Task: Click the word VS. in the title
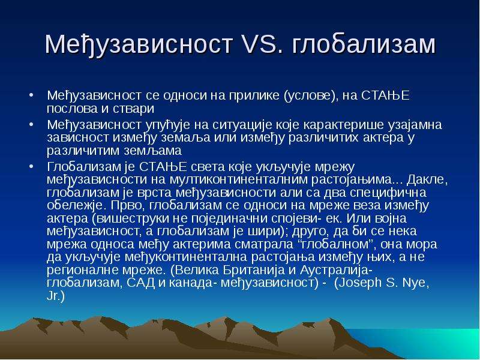point(259,44)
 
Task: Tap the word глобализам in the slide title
point(364,44)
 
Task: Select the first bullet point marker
point(31,95)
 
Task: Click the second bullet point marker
point(31,125)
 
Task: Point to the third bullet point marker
point(31,167)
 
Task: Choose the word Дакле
point(427,179)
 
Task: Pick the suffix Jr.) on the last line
point(56,296)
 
